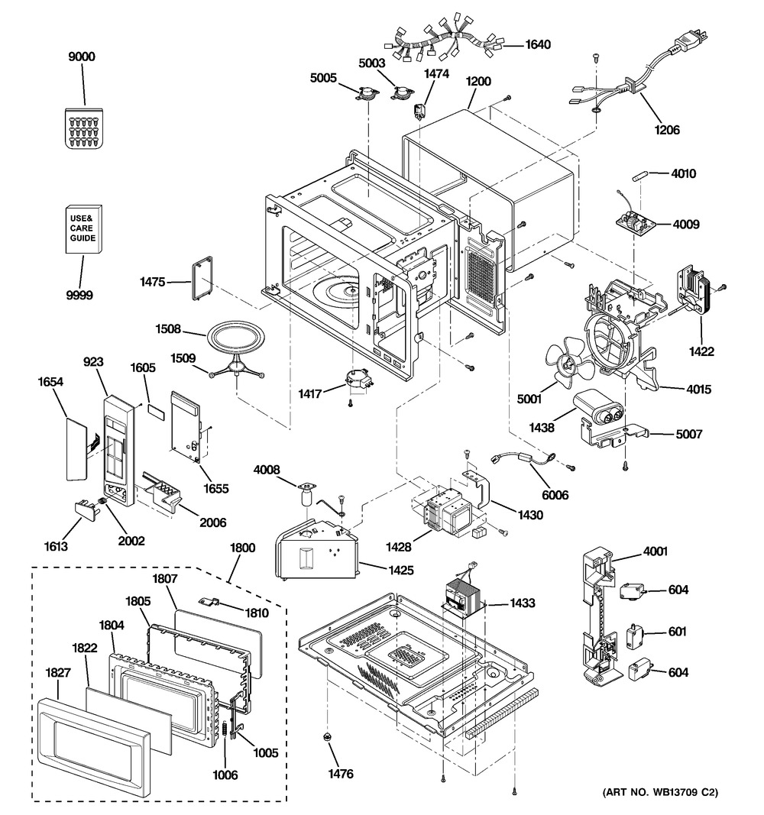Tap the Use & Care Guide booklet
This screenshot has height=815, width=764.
83,228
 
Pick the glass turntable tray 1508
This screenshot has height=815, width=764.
235,335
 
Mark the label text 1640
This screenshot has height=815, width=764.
538,44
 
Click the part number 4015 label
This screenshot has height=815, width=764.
698,390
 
